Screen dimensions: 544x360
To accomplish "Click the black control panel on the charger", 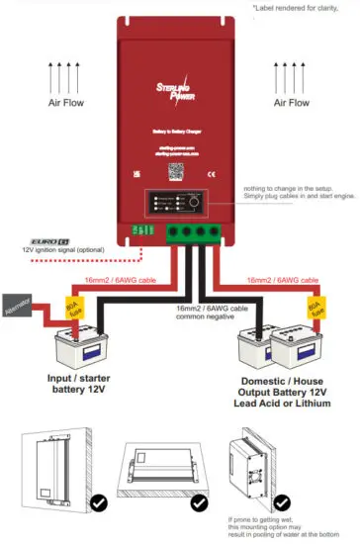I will click(x=179, y=203).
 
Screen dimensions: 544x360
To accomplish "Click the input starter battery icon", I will click(x=76, y=347).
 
